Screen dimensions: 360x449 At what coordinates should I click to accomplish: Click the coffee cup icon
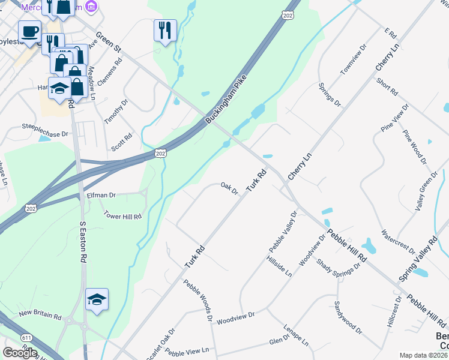point(29,31)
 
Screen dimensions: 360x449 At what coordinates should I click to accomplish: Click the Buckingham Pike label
point(226,103)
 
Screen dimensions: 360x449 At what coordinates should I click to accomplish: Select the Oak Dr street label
point(230,188)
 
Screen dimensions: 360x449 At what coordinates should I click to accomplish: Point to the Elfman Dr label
point(101,195)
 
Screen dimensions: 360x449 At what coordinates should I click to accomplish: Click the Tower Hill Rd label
point(122,215)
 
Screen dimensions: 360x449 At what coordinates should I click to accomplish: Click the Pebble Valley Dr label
point(283,231)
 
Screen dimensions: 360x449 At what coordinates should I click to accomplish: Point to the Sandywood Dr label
point(348,317)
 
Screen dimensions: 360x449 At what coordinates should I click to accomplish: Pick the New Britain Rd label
point(40,315)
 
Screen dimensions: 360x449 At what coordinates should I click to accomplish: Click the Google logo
point(20,353)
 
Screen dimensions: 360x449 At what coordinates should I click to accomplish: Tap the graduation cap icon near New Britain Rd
point(97,299)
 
